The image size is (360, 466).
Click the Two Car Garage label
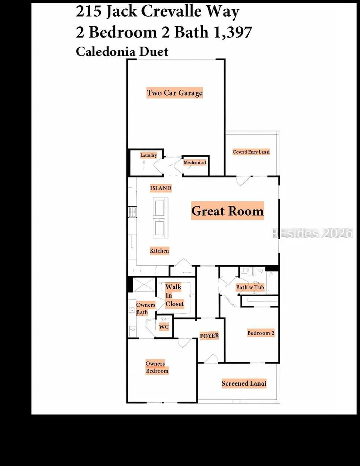coord(175,93)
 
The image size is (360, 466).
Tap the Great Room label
coord(227,211)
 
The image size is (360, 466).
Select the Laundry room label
coord(149,155)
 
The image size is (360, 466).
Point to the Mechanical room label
coord(195,162)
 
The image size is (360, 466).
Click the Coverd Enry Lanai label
coord(251,152)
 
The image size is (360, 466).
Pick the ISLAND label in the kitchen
coord(161,188)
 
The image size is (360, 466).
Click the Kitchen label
coord(159,250)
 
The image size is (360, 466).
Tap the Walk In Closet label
coord(175,295)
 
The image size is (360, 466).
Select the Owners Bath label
coord(146,308)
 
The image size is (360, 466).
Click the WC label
coord(164,327)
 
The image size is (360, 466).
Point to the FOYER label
coord(209,336)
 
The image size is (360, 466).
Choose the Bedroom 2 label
coord(261,333)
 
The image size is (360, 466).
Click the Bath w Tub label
coord(250,287)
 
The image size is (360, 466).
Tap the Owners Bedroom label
coord(157,367)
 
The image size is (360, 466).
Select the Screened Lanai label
coord(244,384)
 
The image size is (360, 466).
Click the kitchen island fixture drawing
coord(161,218)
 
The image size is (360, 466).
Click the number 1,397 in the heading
coord(233,32)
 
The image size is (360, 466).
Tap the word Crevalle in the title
coord(171,12)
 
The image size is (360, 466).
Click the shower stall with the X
coord(144,285)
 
